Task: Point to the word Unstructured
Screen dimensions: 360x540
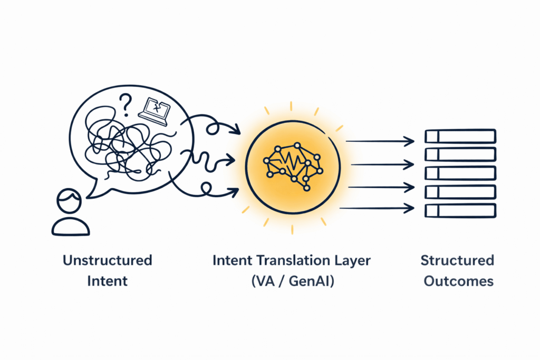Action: pos(107,260)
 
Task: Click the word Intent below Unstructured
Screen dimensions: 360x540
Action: pos(107,281)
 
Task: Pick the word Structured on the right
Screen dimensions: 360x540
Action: pos(457,260)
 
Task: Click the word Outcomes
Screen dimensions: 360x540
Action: pos(457,281)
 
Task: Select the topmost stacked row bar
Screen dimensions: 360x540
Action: pos(460,137)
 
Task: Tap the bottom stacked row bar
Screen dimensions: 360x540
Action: pos(460,210)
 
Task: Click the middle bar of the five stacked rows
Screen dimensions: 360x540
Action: pos(460,173)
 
